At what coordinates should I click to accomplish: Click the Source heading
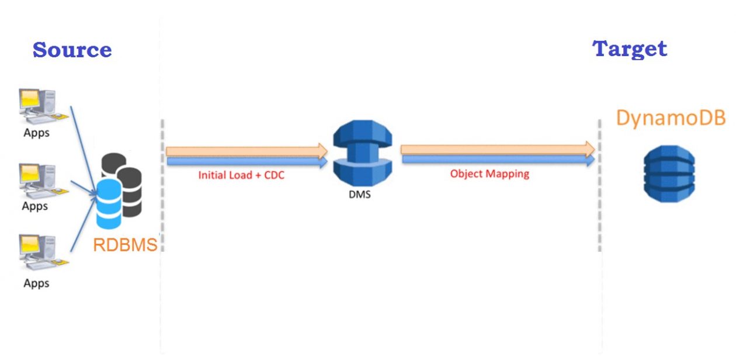[72, 50]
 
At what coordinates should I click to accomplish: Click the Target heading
[630, 49]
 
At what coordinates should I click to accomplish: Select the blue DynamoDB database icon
[669, 174]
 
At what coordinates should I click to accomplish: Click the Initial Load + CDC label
[241, 175]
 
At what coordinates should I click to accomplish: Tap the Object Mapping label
[489, 174]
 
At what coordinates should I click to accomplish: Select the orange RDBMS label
[125, 244]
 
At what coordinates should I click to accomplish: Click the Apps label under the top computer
[36, 133]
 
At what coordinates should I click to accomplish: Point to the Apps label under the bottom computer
[36, 283]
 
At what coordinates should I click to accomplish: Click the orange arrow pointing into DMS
[246, 151]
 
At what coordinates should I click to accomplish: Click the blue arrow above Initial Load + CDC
[246, 161]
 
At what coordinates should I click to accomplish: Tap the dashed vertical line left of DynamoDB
[599, 187]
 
